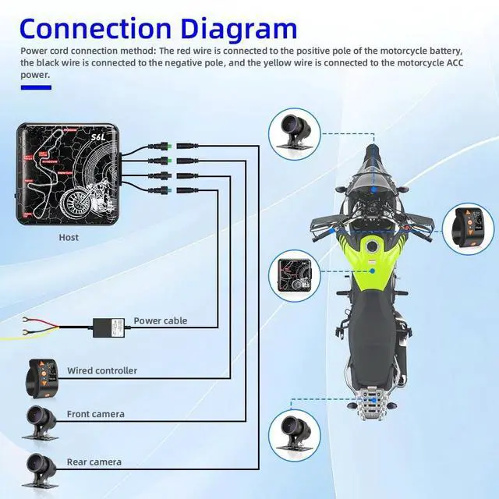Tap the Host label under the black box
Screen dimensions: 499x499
pyautogui.click(x=69, y=237)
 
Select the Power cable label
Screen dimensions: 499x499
pyautogui.click(x=161, y=320)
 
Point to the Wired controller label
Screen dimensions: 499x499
pyautogui.click(x=102, y=370)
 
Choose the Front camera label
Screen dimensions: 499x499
pyautogui.click(x=95, y=414)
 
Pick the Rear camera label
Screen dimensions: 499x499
pyautogui.click(x=94, y=462)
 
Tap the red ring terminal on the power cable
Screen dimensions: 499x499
pyautogui.click(x=27, y=319)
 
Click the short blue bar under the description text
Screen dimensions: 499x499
pyautogui.click(x=36, y=87)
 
